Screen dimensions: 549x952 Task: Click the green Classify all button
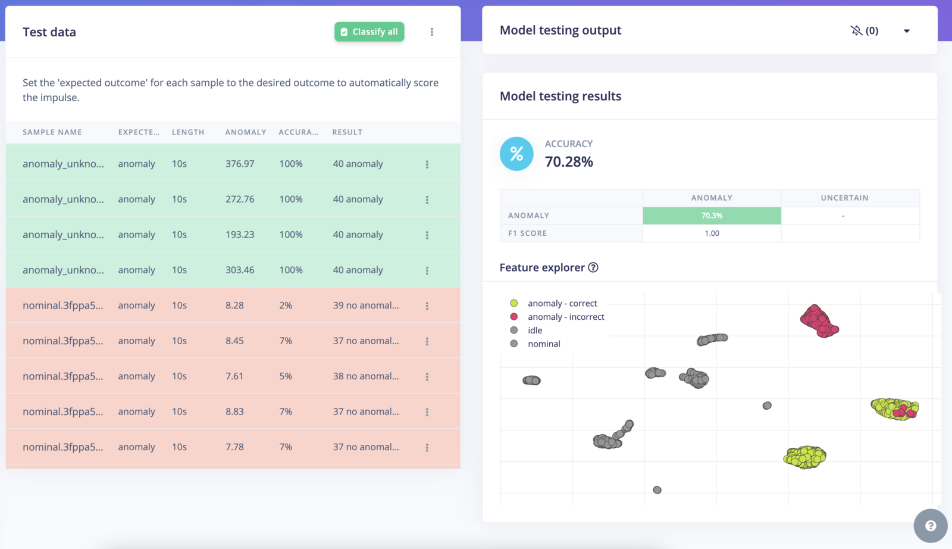(x=369, y=32)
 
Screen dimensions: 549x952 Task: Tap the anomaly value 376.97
(x=240, y=164)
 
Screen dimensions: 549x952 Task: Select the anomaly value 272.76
(x=240, y=199)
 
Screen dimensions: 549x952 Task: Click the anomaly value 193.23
(x=240, y=235)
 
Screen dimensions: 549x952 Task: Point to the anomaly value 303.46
(x=240, y=270)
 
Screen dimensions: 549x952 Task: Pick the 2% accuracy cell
(x=286, y=305)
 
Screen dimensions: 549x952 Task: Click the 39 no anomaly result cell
(x=365, y=305)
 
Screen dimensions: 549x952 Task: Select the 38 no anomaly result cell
(x=365, y=376)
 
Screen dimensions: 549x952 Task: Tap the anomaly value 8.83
(x=234, y=411)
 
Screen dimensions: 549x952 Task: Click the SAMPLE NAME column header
(x=52, y=132)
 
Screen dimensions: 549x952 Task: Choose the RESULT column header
(x=347, y=132)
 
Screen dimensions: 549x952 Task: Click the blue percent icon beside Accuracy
(x=516, y=154)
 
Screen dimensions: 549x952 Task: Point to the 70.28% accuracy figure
(x=569, y=162)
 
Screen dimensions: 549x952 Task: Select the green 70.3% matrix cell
(x=712, y=216)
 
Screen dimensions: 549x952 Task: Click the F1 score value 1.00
(x=712, y=233)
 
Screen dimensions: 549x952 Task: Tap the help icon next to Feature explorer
(x=593, y=268)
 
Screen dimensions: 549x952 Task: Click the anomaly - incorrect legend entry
(x=565, y=317)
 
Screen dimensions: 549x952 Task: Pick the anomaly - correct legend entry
(x=562, y=304)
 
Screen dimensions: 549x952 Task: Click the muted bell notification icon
(x=856, y=31)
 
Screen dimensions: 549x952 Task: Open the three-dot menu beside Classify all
(x=432, y=32)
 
